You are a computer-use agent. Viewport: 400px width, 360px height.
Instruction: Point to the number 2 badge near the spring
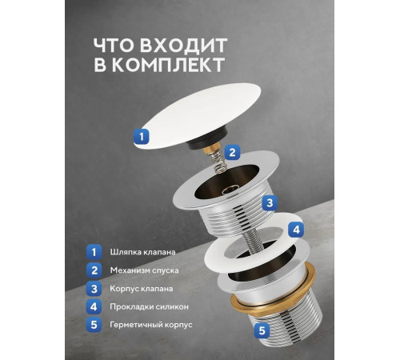pos(231,152)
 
